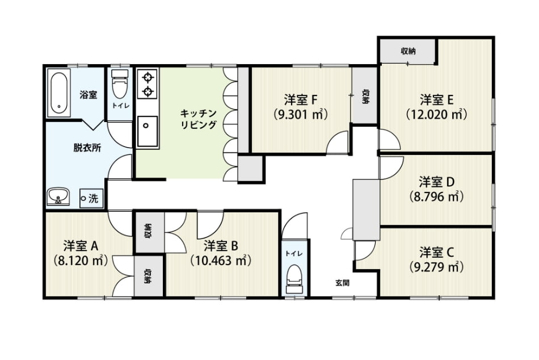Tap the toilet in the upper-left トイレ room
pyautogui.click(x=120, y=83)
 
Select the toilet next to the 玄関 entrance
pyautogui.click(x=294, y=278)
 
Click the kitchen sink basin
pyautogui.click(x=148, y=131)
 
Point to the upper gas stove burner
pyautogui.click(x=148, y=77)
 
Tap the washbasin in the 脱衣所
pyautogui.click(x=58, y=196)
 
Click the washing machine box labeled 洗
pyautogui.click(x=91, y=198)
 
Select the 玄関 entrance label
pyautogui.click(x=342, y=283)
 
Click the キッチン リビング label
pyautogui.click(x=199, y=119)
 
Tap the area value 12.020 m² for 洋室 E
pyautogui.click(x=436, y=114)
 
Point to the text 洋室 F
pyautogui.click(x=301, y=99)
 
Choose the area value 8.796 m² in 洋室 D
pyautogui.click(x=436, y=196)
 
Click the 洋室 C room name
pyautogui.click(x=436, y=252)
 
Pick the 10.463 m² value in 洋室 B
pyautogui.click(x=221, y=260)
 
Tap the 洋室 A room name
pyautogui.click(x=81, y=246)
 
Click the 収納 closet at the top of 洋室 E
pyautogui.click(x=408, y=51)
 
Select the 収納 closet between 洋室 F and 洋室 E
pyautogui.click(x=365, y=95)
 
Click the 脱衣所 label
pyautogui.click(x=87, y=148)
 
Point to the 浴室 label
pyautogui.click(x=89, y=95)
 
